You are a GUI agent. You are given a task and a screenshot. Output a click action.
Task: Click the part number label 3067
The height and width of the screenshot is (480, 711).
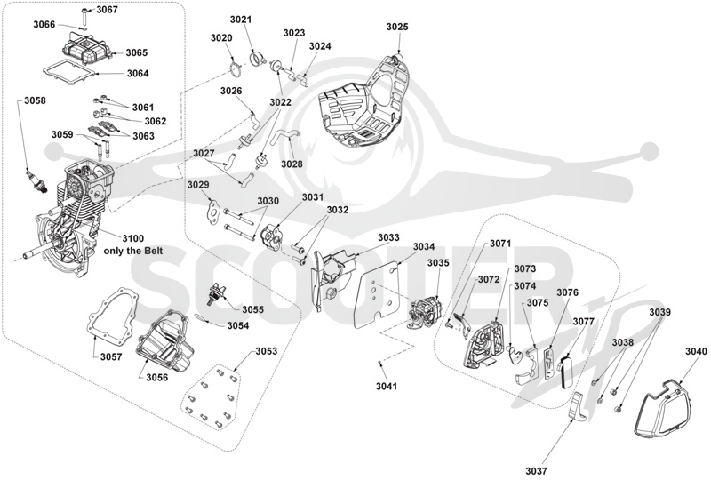tap(107, 10)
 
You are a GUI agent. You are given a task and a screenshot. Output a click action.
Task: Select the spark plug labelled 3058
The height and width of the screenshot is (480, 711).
tap(37, 180)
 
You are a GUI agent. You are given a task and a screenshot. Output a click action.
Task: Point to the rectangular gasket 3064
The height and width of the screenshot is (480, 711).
tap(70, 73)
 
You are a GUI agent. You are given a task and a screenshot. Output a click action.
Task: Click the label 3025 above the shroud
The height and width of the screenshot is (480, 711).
tap(397, 27)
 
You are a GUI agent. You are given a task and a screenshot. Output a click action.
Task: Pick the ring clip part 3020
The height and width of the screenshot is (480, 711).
tap(236, 73)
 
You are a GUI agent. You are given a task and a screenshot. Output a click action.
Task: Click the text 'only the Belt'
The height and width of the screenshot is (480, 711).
tap(133, 251)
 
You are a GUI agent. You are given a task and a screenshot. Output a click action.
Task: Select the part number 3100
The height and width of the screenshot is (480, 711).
tap(132, 238)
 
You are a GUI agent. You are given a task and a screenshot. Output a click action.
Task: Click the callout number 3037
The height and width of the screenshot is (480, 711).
tap(537, 471)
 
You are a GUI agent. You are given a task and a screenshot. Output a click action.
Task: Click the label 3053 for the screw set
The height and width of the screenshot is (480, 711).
tap(266, 351)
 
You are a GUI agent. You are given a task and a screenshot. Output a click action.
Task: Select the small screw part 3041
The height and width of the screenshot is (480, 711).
tap(380, 363)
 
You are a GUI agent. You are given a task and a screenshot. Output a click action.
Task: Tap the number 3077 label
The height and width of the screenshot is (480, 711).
tap(583, 322)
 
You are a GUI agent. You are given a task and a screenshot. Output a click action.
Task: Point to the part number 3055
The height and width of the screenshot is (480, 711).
tap(252, 310)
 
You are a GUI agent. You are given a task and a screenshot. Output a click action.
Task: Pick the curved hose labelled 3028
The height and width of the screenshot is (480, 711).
tap(284, 137)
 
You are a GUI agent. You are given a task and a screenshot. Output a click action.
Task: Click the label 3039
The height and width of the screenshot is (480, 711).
tap(659, 312)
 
